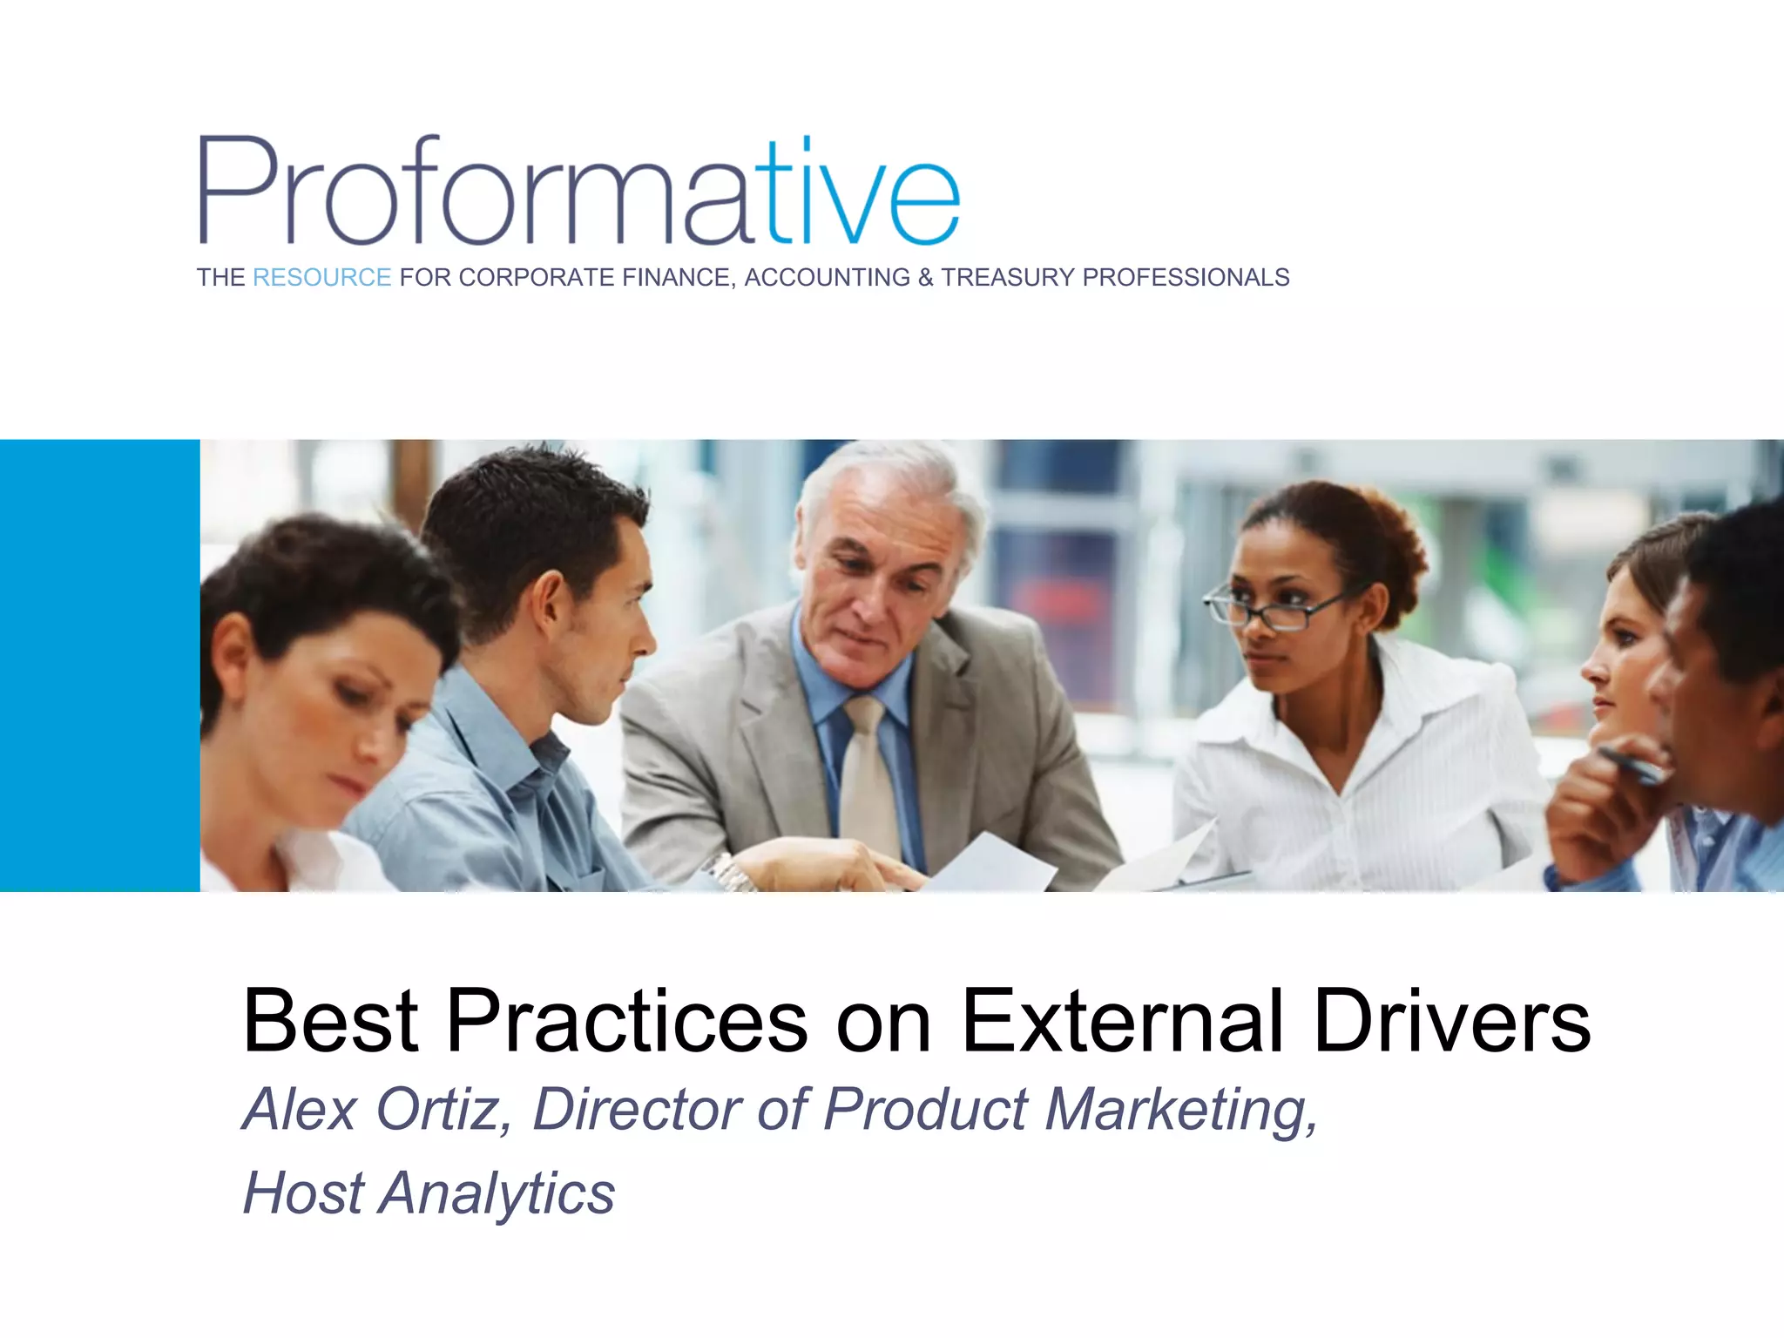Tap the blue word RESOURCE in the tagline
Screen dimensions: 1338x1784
click(321, 278)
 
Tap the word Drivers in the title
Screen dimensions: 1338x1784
click(1451, 1021)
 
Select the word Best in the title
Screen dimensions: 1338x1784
click(331, 1021)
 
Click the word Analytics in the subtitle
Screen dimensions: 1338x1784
click(497, 1193)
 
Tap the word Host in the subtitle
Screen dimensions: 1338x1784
click(302, 1193)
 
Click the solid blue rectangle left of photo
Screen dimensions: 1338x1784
click(99, 666)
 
